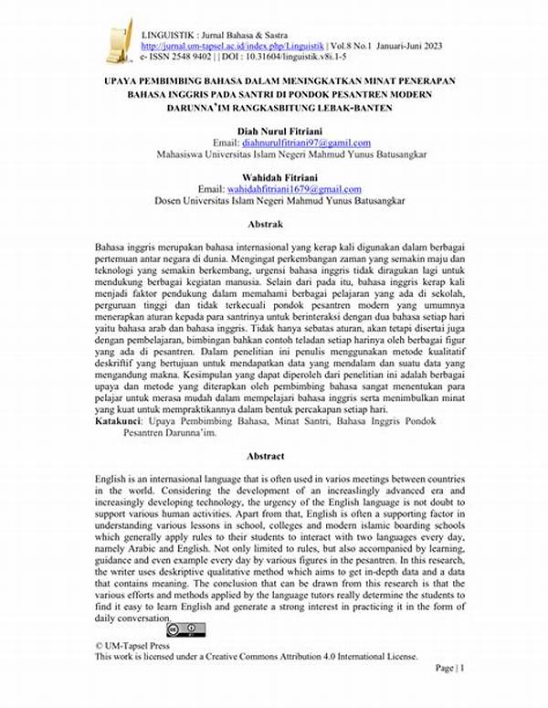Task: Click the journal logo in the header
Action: (x=119, y=42)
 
